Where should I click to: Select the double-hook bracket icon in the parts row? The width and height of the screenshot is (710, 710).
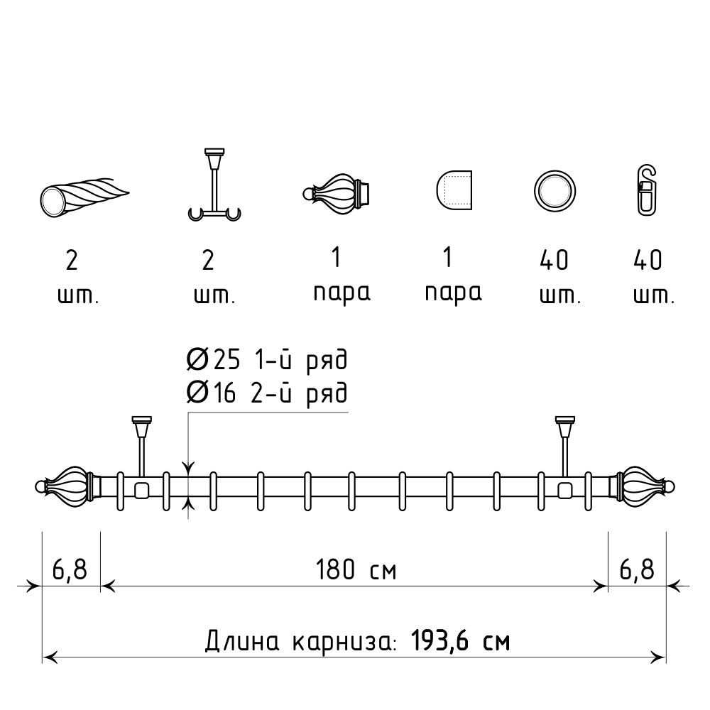pyautogui.click(x=214, y=185)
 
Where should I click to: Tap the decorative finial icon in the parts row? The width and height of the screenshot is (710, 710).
pyautogui.click(x=337, y=193)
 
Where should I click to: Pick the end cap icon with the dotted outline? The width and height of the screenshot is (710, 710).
pyautogui.click(x=454, y=190)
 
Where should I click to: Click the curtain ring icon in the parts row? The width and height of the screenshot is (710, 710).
pyautogui.click(x=555, y=175)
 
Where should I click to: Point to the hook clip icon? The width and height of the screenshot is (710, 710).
pyautogui.click(x=647, y=190)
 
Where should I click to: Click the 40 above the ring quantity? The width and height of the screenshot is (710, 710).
pyautogui.click(x=555, y=260)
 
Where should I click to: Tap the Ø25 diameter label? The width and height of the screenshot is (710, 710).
pyautogui.click(x=213, y=360)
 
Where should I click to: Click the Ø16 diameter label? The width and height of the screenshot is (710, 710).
pyautogui.click(x=212, y=392)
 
